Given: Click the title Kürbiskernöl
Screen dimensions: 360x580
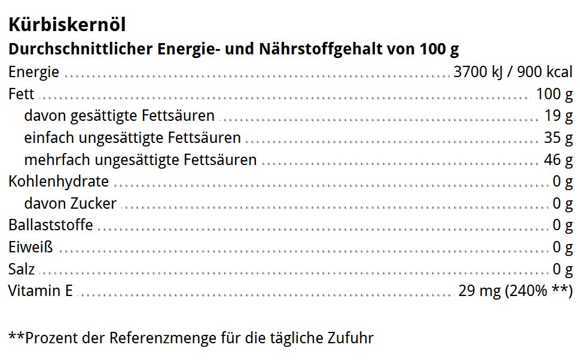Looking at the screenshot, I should coord(66,25).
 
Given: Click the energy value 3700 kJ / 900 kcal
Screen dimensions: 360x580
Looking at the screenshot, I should coord(513,72).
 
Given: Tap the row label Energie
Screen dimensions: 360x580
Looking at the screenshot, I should coord(33,72).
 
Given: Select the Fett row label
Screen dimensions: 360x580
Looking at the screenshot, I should coord(21,94).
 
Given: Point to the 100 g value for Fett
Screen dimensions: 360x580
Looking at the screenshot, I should coord(554,94).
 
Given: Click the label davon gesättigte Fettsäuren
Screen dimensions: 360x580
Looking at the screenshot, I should coord(119,115).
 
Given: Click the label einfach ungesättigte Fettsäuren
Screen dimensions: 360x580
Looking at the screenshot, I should coord(132,138).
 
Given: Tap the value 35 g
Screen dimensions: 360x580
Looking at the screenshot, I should coord(558,138).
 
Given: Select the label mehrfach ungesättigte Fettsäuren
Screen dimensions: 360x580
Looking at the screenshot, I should coord(140,160).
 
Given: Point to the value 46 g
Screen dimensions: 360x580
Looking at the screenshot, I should coord(558,160).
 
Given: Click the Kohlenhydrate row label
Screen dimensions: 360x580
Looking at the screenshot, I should coord(59,181).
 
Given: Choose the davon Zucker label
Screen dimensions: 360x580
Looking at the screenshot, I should coord(70,203).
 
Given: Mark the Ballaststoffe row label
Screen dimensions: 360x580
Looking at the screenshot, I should coord(50,225).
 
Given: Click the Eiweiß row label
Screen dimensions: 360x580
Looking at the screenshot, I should coord(30,247).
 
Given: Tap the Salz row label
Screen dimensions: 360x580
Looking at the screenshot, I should coord(22,269).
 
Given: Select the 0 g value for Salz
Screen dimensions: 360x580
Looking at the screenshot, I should coord(563,269).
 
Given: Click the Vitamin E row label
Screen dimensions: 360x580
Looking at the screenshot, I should coord(40,291).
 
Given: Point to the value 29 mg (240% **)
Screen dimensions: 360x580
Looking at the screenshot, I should coord(515,291).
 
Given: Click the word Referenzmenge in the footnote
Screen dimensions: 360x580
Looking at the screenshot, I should coord(162,338).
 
